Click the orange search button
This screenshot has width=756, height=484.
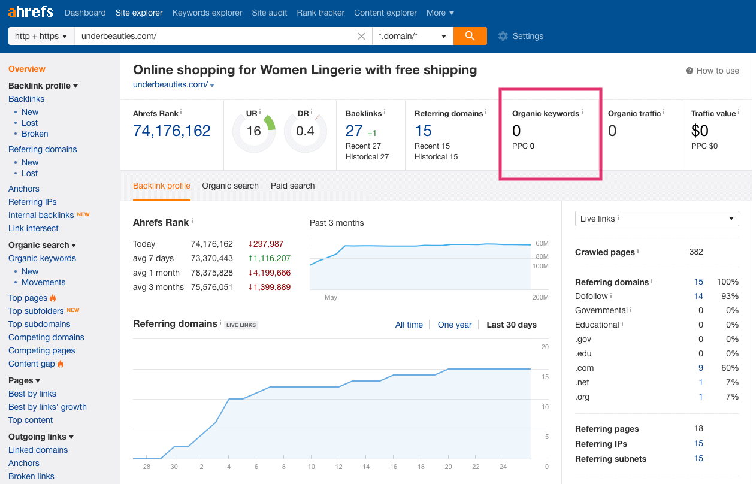[x=470, y=36]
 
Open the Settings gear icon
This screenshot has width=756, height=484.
[x=503, y=36]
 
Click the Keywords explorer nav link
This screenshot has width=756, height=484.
[x=207, y=13]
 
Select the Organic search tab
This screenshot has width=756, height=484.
[x=230, y=186]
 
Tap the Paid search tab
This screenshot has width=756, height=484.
[x=292, y=186]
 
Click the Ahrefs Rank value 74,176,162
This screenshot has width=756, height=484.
[x=172, y=131]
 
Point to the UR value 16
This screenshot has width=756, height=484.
[x=253, y=131]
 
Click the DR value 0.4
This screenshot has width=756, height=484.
[x=305, y=131]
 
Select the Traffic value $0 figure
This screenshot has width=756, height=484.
[x=700, y=131]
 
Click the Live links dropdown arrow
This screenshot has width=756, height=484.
[x=731, y=219]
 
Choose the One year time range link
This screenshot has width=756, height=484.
[x=455, y=325]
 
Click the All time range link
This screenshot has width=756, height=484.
[x=409, y=325]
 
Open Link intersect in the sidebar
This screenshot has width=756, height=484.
[x=34, y=228]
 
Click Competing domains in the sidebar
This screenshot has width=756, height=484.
[x=46, y=337]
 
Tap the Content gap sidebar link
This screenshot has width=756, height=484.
[x=31, y=364]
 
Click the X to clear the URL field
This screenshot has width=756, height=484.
[x=361, y=36]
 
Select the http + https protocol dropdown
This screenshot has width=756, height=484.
[x=41, y=36]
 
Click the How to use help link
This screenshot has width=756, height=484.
[x=718, y=71]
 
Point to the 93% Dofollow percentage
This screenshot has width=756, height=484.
[x=730, y=297]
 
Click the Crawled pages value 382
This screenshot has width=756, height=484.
[x=696, y=252]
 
